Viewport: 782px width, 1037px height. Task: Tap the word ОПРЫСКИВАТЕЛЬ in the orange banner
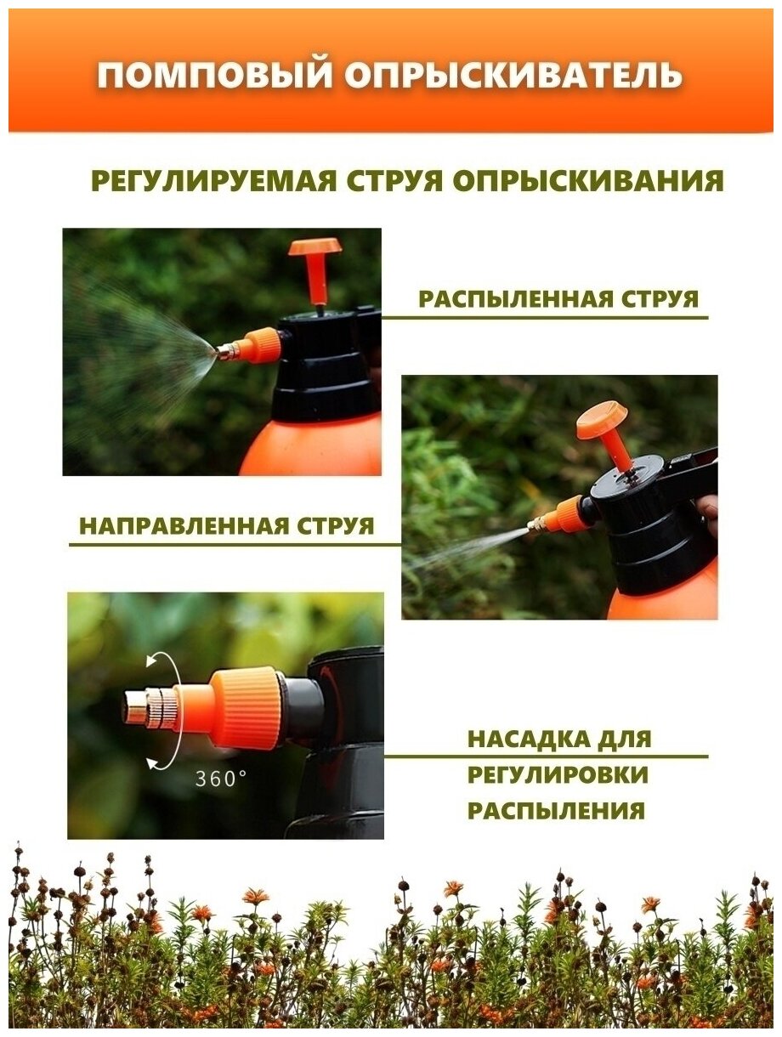pos(513,75)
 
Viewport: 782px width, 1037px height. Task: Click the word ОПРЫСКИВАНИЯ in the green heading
pos(588,180)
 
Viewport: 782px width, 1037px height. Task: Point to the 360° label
pos(220,779)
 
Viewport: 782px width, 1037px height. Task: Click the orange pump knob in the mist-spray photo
pos(315,270)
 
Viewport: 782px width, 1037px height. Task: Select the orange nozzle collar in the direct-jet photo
pos(567,514)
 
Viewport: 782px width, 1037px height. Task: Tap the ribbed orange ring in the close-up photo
pos(249,707)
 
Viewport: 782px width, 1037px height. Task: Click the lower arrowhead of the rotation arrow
pos(152,761)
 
